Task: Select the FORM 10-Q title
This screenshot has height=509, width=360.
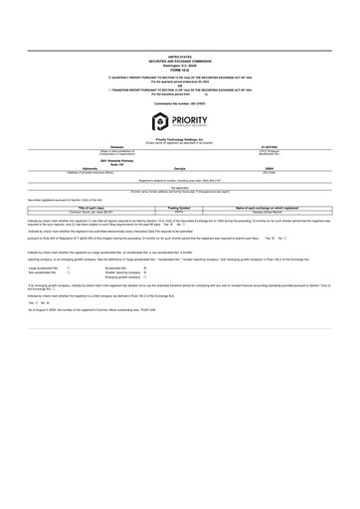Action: point(180,72)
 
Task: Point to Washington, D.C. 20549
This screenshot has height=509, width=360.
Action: point(180,67)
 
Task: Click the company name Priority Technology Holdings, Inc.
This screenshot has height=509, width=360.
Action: point(180,142)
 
